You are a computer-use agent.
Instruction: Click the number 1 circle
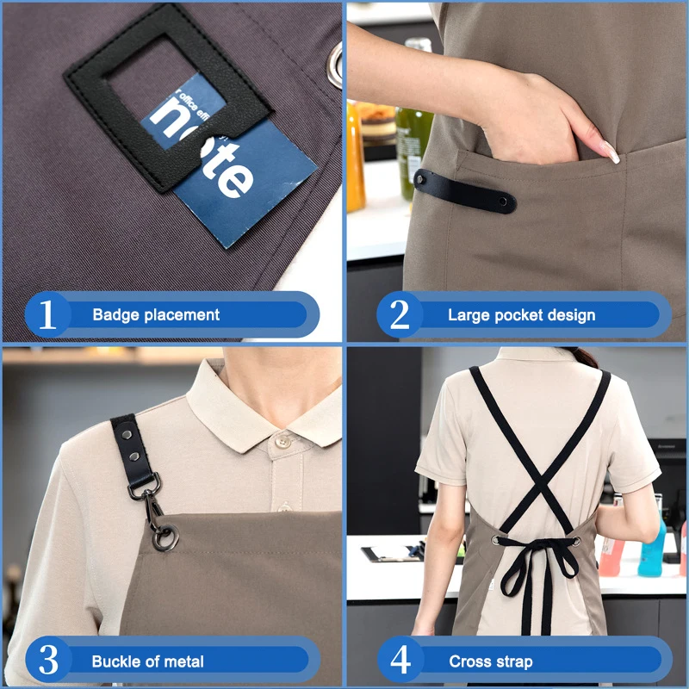(x=47, y=315)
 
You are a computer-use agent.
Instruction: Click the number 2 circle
(x=400, y=315)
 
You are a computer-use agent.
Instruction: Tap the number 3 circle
(x=48, y=661)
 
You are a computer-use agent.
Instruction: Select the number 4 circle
(x=400, y=661)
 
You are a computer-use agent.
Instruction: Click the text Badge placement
(x=156, y=315)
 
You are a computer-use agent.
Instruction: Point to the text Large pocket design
(x=521, y=315)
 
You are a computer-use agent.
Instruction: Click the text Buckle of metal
(x=148, y=661)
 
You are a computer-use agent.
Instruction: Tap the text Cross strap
(x=491, y=661)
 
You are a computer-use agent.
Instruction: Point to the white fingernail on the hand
(x=610, y=152)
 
